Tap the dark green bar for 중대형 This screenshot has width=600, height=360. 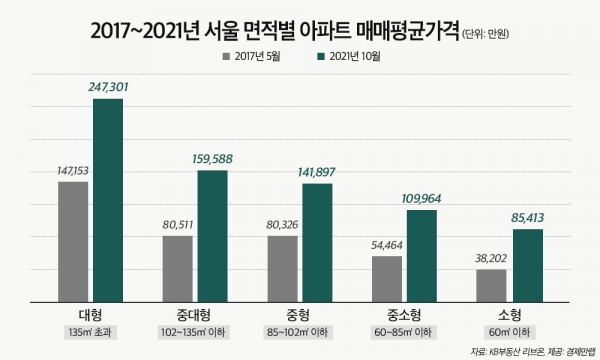pos(212,235)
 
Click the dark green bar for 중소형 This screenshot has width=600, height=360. pos(422,255)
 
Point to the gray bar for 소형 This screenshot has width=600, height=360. pos(492,285)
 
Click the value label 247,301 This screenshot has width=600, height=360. pos(109,88)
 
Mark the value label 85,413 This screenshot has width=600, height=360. pos(529,219)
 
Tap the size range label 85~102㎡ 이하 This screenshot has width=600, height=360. pos(300,331)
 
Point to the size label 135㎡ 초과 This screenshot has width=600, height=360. pos(91,331)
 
